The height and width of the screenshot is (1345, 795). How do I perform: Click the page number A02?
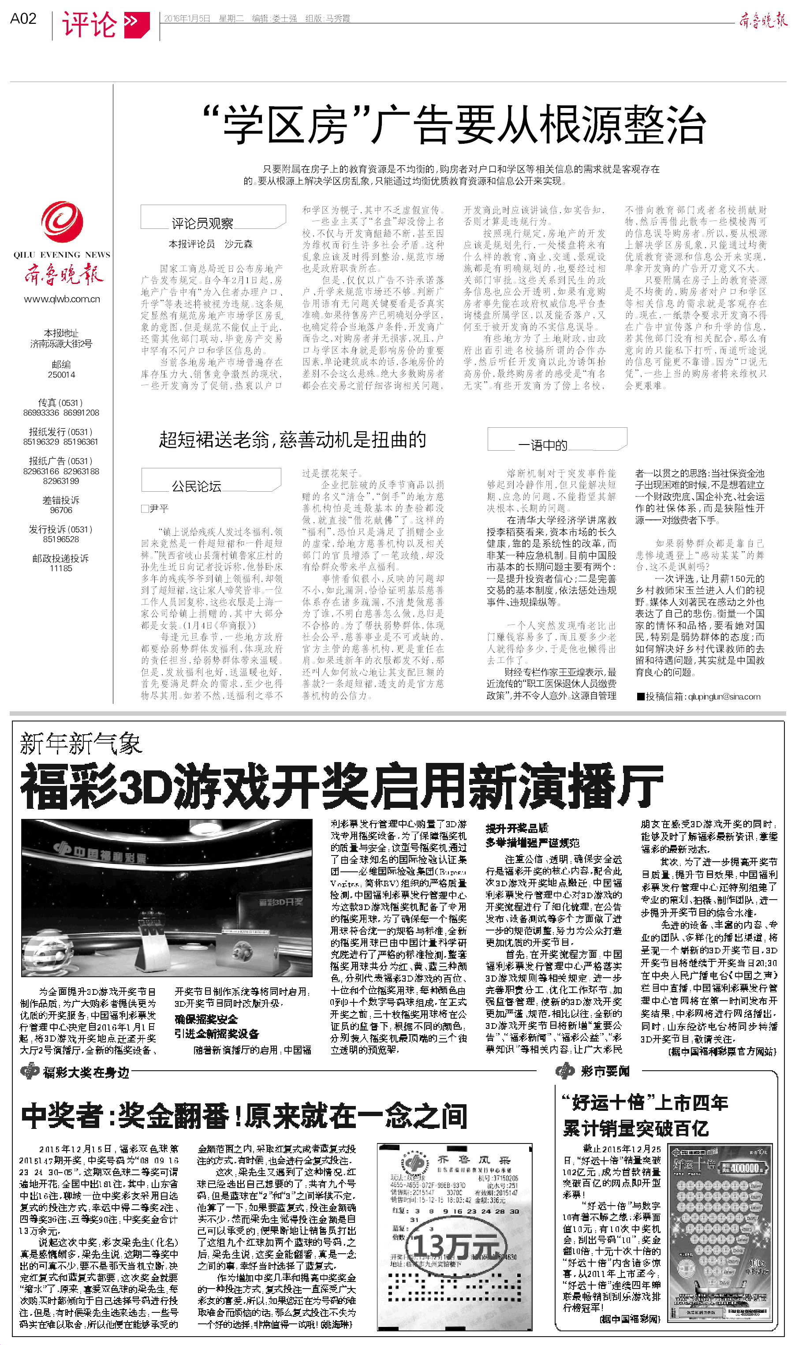[23, 19]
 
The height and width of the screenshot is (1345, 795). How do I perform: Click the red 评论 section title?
[90, 25]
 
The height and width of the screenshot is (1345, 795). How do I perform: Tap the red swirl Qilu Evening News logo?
[62, 222]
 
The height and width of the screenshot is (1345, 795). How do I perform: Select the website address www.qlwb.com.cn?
[62, 299]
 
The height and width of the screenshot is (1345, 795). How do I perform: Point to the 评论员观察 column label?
[202, 223]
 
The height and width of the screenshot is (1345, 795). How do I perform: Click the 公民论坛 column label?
[196, 486]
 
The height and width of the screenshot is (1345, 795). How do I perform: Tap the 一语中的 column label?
[543, 445]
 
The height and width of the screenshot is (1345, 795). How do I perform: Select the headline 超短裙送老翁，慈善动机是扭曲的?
[292, 440]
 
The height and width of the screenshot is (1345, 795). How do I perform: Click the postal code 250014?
[62, 374]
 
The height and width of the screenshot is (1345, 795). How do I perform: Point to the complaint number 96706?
[61, 510]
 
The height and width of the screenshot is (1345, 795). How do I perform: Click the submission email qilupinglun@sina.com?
[703, 696]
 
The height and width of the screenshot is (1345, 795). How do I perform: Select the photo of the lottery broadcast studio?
[167, 897]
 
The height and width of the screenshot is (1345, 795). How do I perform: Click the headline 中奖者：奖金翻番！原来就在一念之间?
[244, 1116]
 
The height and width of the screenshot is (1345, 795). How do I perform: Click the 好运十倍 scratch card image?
[721, 1237]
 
